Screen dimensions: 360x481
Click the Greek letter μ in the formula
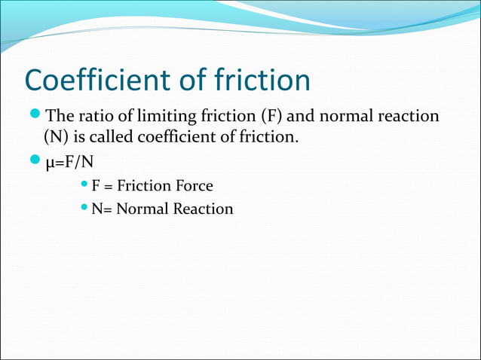(51, 163)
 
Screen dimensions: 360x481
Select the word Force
(193, 186)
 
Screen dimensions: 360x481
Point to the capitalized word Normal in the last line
(146, 209)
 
